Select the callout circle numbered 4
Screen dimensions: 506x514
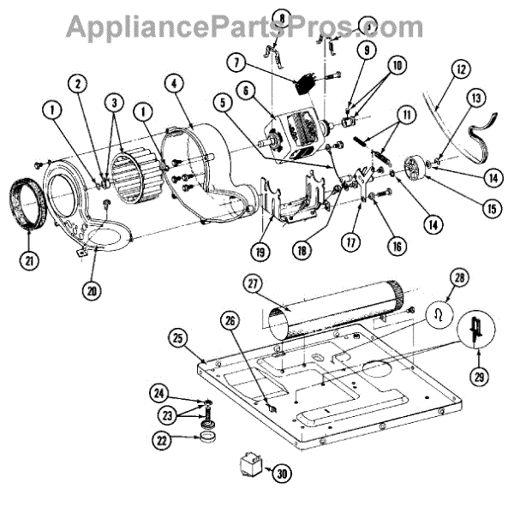174,84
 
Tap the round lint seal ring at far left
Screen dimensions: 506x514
29,204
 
